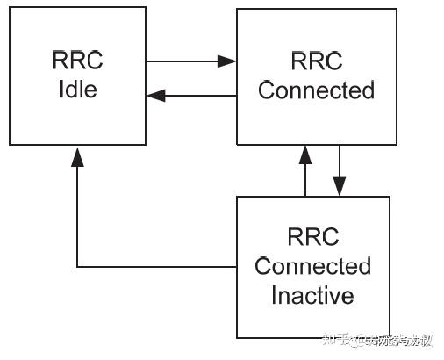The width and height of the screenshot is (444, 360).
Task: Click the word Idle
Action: coord(78,90)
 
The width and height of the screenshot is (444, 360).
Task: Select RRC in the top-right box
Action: coord(316,61)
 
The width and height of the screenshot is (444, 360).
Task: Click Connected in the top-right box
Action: coord(316,90)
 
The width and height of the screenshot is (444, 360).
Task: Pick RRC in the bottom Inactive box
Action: coord(313,237)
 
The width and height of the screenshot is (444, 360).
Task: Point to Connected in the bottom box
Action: coord(313,266)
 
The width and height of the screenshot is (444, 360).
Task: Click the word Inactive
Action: coord(313,295)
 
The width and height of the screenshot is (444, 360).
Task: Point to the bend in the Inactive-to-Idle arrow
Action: coord(77,266)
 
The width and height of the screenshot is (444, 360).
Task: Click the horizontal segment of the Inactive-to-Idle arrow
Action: coord(158,266)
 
